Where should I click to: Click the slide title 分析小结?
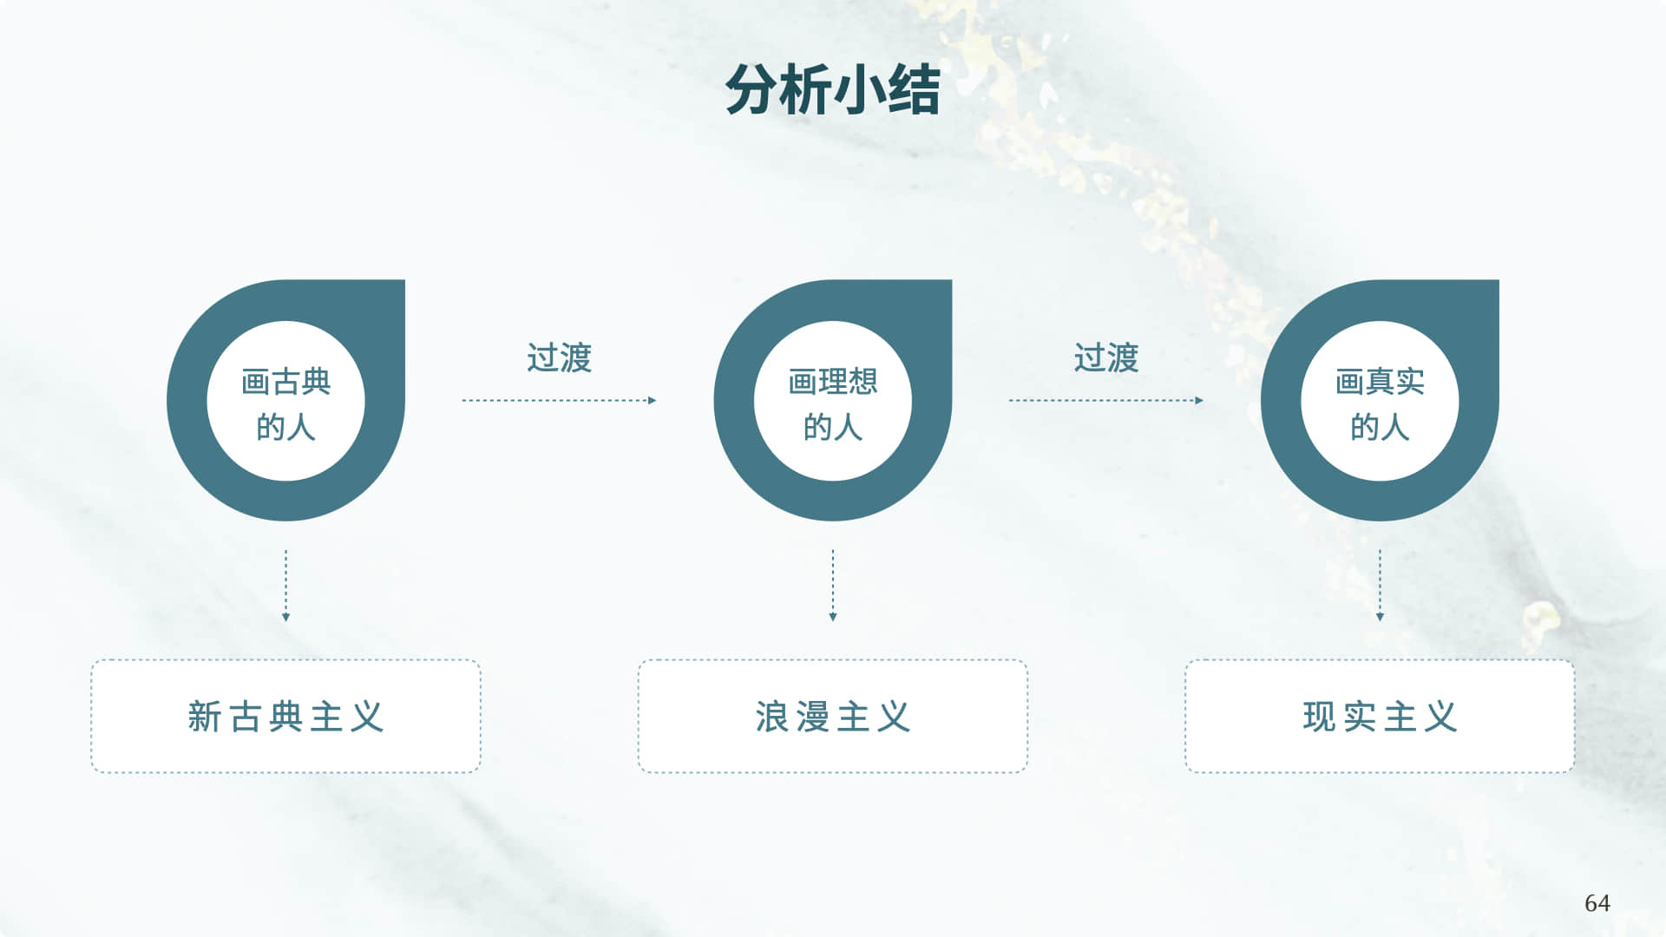(x=833, y=90)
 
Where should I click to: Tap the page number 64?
(x=1597, y=903)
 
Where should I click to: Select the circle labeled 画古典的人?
(x=285, y=401)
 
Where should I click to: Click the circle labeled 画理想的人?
(x=833, y=401)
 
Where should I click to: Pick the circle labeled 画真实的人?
(x=1380, y=401)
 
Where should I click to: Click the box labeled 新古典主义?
(x=285, y=717)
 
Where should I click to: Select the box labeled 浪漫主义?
(x=833, y=717)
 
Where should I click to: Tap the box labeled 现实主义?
(x=1380, y=717)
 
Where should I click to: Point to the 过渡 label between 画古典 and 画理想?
(x=560, y=357)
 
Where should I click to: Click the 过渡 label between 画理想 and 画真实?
(x=1106, y=357)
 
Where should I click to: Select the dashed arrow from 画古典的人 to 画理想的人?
(x=559, y=401)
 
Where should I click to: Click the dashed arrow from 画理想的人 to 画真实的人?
(x=1105, y=401)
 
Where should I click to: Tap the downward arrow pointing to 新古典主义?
(x=285, y=586)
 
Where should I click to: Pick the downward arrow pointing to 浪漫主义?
(x=833, y=586)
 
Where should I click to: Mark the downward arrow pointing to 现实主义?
(x=1380, y=586)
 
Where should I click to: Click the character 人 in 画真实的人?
(x=1395, y=427)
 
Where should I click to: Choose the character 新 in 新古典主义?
(x=205, y=717)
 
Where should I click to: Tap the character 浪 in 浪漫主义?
(x=771, y=717)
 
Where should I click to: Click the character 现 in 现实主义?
(x=1319, y=717)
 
